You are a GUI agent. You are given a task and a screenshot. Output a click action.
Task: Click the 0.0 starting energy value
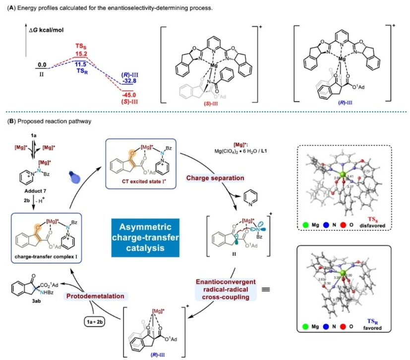42,64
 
